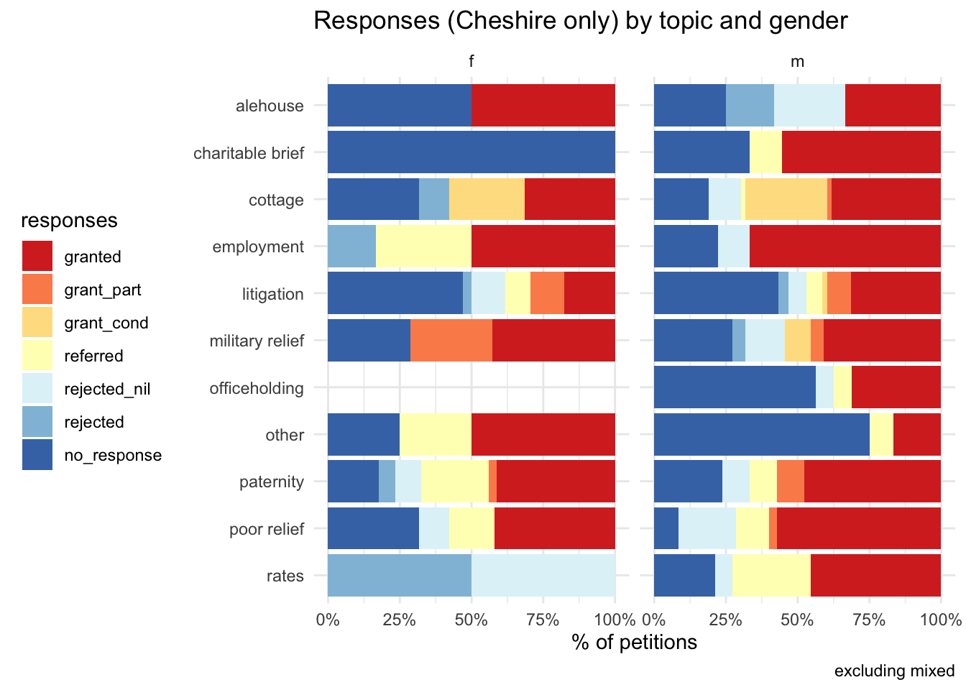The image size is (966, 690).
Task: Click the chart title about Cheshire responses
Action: tap(581, 21)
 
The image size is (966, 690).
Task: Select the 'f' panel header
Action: tap(471, 62)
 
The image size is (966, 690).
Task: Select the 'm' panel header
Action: tap(797, 62)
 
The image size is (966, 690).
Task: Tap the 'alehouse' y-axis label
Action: tap(270, 106)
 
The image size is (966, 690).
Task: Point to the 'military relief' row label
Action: tap(257, 341)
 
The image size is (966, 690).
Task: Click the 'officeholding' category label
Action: tap(257, 388)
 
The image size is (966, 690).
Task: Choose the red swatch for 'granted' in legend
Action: tap(37, 257)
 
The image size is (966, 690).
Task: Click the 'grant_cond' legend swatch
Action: tap(37, 323)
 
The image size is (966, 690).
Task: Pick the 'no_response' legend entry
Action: tap(113, 456)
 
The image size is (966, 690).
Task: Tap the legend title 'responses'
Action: tap(69, 221)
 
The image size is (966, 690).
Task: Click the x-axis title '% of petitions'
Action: tap(634, 642)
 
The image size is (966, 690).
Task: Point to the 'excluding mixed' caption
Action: tap(894, 671)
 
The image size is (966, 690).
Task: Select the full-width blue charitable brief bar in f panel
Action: tap(471, 152)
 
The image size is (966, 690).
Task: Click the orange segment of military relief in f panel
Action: tap(451, 341)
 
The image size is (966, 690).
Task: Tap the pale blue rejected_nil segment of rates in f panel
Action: tap(543, 576)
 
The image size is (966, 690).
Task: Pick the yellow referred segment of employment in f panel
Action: tap(423, 247)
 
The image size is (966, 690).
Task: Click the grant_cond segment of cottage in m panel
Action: tap(786, 199)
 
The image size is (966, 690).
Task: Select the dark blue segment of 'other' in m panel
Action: tap(761, 435)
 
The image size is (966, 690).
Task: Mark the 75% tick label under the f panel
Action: tap(543, 620)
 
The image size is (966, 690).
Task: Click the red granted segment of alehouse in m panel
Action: tap(893, 106)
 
